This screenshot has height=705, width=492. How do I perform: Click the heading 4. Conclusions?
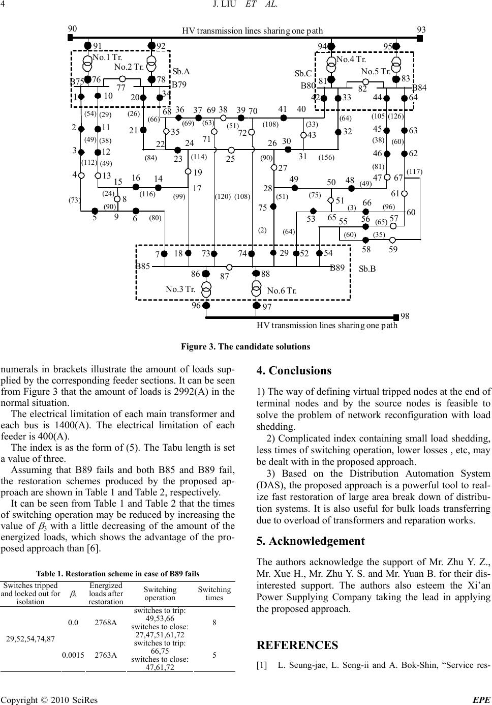pos(294,371)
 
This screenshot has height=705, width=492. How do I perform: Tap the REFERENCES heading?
pos(297,645)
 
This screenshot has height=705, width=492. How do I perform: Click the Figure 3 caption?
pos(245,347)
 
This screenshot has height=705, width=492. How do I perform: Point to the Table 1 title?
pos(117,573)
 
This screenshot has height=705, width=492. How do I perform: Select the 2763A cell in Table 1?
pos(106,655)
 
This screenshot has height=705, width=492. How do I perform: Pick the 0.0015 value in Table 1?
pos(73,655)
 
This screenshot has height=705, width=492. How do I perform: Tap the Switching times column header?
pos(214,594)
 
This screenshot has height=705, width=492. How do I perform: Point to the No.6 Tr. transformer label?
pos(282,291)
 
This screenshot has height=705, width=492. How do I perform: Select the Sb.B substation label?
pos(367,269)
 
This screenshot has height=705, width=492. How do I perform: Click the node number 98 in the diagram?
pos(405,316)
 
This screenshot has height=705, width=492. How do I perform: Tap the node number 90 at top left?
pos(73,29)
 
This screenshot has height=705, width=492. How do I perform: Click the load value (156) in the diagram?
pos(326,158)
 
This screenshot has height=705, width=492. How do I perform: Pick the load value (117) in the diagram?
pos(414,171)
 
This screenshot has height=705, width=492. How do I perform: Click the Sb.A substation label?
pos(181,72)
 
